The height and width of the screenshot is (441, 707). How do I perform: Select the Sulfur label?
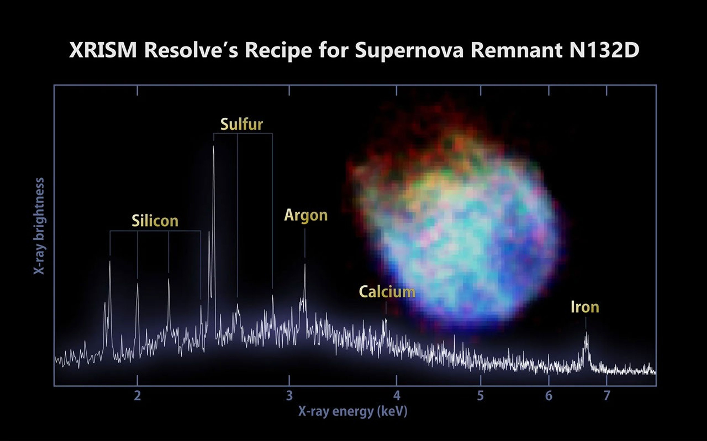point(241,124)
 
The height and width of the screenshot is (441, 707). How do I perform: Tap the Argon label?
point(306,215)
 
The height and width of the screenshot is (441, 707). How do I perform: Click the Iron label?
point(585,307)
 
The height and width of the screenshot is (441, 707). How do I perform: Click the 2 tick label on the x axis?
point(137,396)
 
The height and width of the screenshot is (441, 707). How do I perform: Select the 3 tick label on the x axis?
point(289,396)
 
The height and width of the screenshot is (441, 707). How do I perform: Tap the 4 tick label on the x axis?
point(396,396)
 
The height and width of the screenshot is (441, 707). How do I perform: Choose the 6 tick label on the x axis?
point(549,396)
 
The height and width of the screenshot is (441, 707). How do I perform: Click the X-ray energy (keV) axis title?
point(353,411)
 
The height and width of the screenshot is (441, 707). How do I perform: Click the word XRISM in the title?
point(103,50)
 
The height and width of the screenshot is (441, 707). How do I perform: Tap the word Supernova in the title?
point(409,50)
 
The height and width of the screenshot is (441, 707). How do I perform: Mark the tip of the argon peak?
point(305,265)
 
